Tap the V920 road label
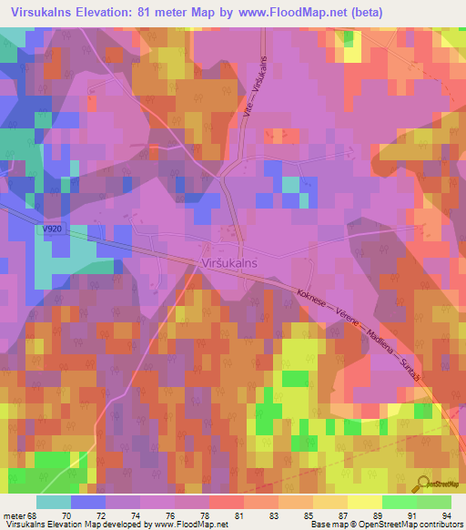[52, 231]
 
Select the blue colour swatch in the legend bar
[87, 502]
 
